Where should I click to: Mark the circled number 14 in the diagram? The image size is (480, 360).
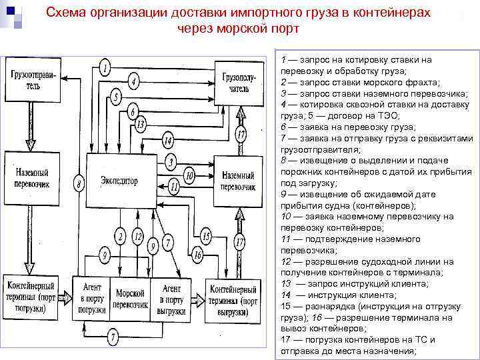(x=167, y=141)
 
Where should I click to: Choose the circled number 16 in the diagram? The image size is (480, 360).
(x=197, y=253)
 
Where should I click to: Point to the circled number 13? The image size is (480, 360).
(x=140, y=124)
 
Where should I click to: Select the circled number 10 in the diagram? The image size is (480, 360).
(x=189, y=175)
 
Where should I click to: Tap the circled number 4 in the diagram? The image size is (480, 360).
(x=134, y=83)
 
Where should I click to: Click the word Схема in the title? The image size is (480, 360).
(x=66, y=13)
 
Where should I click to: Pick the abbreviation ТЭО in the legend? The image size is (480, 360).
(x=349, y=115)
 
